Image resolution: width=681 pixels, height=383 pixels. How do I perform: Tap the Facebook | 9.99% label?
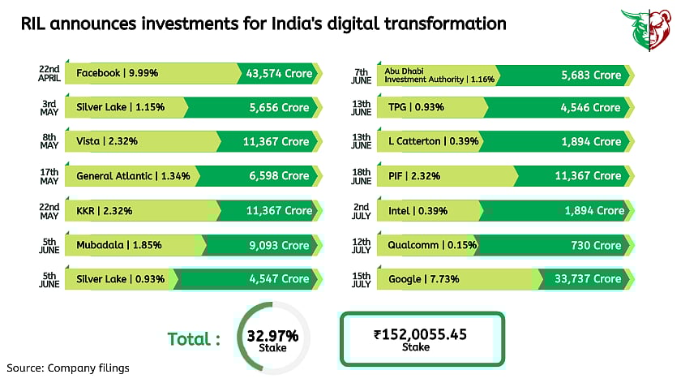click(x=117, y=74)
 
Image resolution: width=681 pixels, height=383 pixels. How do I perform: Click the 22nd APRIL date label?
click(x=48, y=74)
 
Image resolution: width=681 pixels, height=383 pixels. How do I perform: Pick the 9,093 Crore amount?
click(x=278, y=245)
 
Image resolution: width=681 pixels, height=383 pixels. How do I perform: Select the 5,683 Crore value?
click(x=591, y=75)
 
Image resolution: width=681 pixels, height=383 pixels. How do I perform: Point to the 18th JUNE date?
click(x=362, y=176)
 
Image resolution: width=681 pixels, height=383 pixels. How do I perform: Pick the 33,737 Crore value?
click(x=588, y=279)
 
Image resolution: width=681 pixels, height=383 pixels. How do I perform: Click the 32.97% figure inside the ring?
click(x=273, y=335)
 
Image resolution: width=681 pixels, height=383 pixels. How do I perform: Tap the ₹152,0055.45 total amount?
click(x=420, y=333)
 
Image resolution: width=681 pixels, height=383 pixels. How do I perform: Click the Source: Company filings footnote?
click(x=68, y=368)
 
